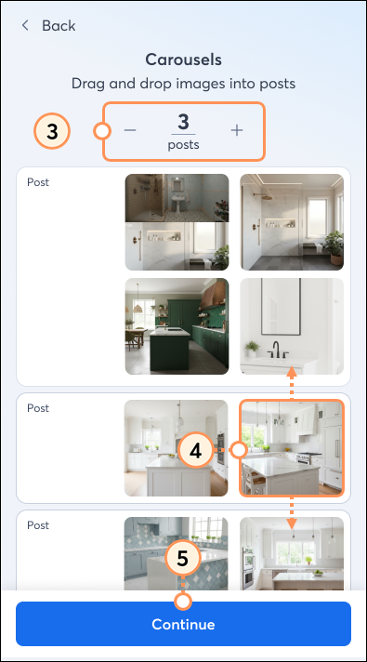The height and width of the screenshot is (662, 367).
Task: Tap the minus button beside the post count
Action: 130,130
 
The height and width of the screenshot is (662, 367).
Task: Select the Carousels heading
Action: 183,60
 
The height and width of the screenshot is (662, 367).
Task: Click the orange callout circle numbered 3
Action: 53,131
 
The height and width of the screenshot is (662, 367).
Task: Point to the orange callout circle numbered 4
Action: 195,450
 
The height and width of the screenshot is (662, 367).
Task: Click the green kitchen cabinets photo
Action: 177,326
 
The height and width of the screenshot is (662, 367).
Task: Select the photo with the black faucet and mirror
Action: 292,326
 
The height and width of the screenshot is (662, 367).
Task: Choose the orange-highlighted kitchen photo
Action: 292,448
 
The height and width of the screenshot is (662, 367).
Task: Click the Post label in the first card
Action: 38,182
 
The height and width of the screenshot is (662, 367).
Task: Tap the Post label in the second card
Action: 38,408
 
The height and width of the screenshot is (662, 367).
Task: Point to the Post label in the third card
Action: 38,525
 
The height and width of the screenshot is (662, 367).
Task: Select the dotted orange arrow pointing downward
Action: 292,512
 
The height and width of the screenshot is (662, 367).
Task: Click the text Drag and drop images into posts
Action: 183,83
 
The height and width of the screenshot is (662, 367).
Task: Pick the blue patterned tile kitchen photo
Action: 177,553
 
